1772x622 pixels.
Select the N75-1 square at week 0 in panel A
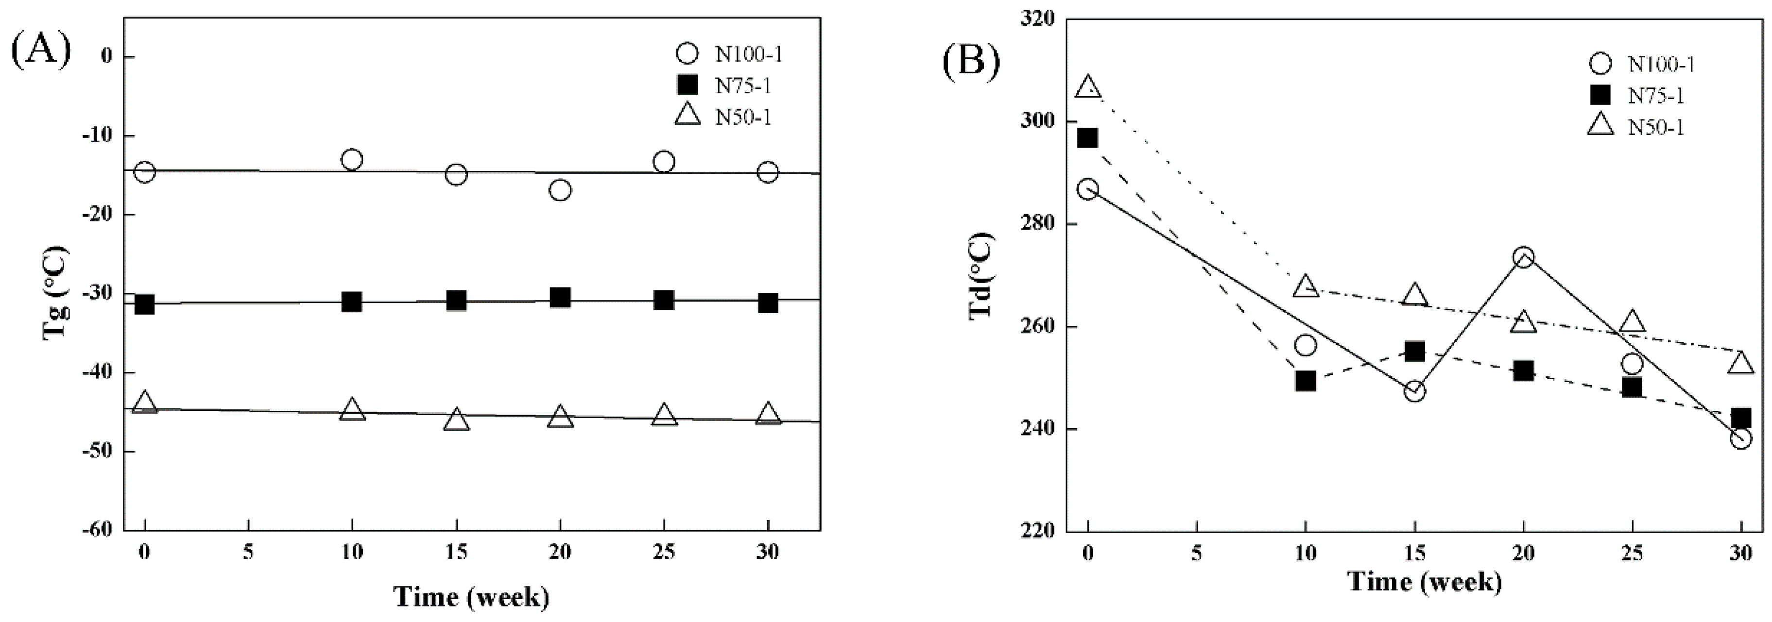coord(144,304)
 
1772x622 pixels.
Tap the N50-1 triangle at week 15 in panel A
coord(457,420)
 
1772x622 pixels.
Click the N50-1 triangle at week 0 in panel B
coord(1088,88)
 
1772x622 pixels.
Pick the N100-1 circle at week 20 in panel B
coord(1524,258)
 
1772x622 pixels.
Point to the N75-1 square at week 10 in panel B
coord(1306,381)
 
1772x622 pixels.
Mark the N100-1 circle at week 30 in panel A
coord(768,172)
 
